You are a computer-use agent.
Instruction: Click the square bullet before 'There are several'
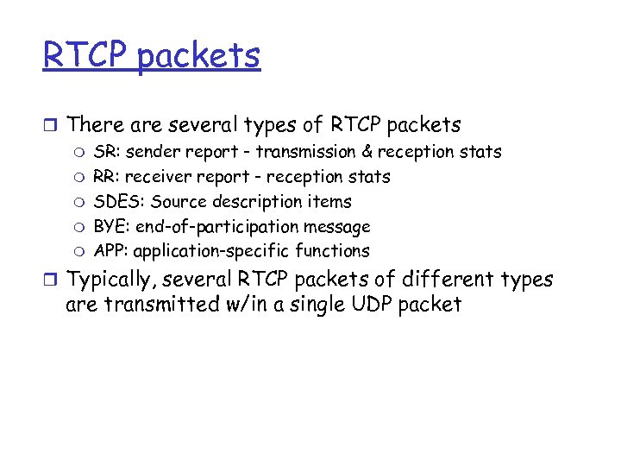(x=48, y=126)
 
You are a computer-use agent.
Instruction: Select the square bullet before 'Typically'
(x=48, y=280)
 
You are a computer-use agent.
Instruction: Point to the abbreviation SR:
(x=106, y=152)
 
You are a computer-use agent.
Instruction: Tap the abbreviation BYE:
(x=110, y=227)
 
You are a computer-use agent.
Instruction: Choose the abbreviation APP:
(x=110, y=251)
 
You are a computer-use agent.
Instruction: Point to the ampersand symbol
(x=367, y=152)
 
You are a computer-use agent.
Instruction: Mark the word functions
(x=332, y=251)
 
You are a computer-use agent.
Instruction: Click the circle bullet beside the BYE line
(x=81, y=228)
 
